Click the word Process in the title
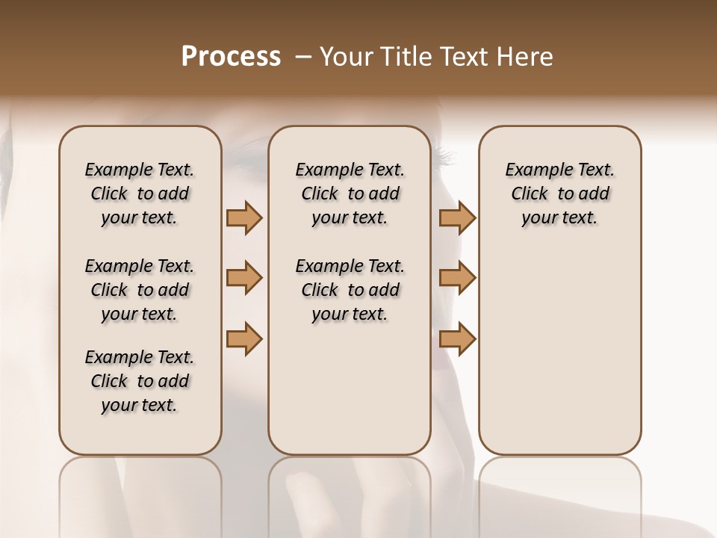[x=231, y=57]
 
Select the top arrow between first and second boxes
[x=244, y=217]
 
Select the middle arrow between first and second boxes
[x=244, y=278]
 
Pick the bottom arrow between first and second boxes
[x=244, y=338]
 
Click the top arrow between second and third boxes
[x=457, y=217]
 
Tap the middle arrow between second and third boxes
[x=457, y=278]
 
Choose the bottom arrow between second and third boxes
[x=457, y=338]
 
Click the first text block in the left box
[x=140, y=194]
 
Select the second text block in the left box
[x=140, y=290]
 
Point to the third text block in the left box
[x=140, y=381]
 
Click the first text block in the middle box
[x=350, y=194]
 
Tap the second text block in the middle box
[x=350, y=290]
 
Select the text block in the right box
[x=559, y=194]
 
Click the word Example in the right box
[x=533, y=170]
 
